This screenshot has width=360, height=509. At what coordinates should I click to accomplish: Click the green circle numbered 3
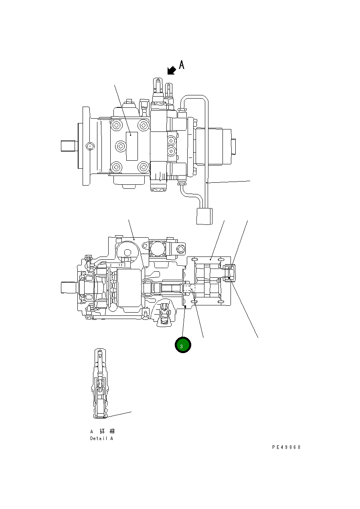(x=183, y=345)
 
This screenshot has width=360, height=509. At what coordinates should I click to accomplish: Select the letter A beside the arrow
(x=181, y=65)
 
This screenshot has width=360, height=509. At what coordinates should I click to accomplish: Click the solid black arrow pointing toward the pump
(x=172, y=71)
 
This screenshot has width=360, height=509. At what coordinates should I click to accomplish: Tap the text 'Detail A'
(x=101, y=438)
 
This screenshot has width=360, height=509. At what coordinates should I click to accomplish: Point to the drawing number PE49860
(x=286, y=447)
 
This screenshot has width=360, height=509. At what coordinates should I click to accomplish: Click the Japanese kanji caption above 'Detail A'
(x=102, y=431)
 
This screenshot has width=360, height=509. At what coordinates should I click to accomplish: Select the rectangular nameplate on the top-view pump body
(x=131, y=146)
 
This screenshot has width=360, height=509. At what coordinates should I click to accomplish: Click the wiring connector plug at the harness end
(x=204, y=216)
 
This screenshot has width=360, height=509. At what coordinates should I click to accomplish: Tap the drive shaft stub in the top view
(x=68, y=145)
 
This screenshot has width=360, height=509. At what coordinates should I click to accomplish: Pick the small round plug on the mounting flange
(x=90, y=146)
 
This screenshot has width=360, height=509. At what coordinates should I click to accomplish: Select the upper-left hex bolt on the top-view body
(x=116, y=125)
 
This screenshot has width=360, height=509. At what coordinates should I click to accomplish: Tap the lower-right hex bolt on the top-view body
(x=143, y=167)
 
